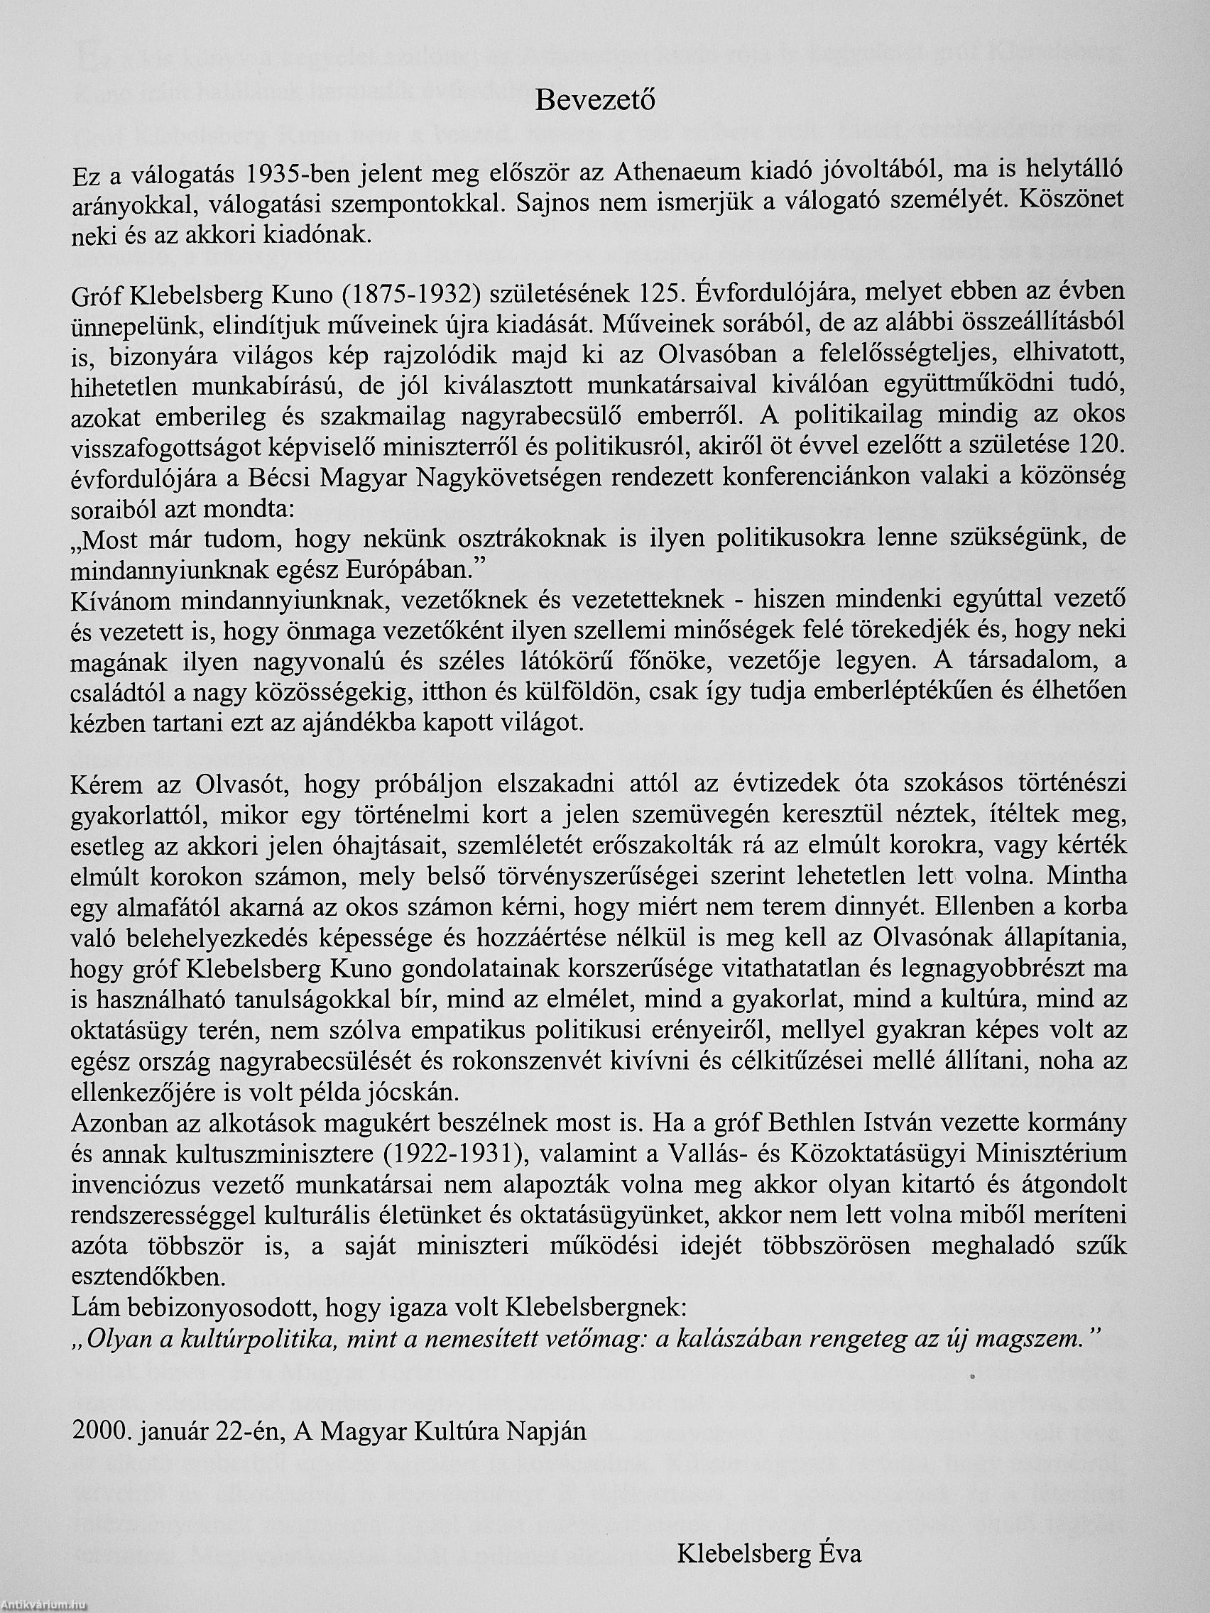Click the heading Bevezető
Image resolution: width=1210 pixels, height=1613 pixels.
click(x=595, y=101)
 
